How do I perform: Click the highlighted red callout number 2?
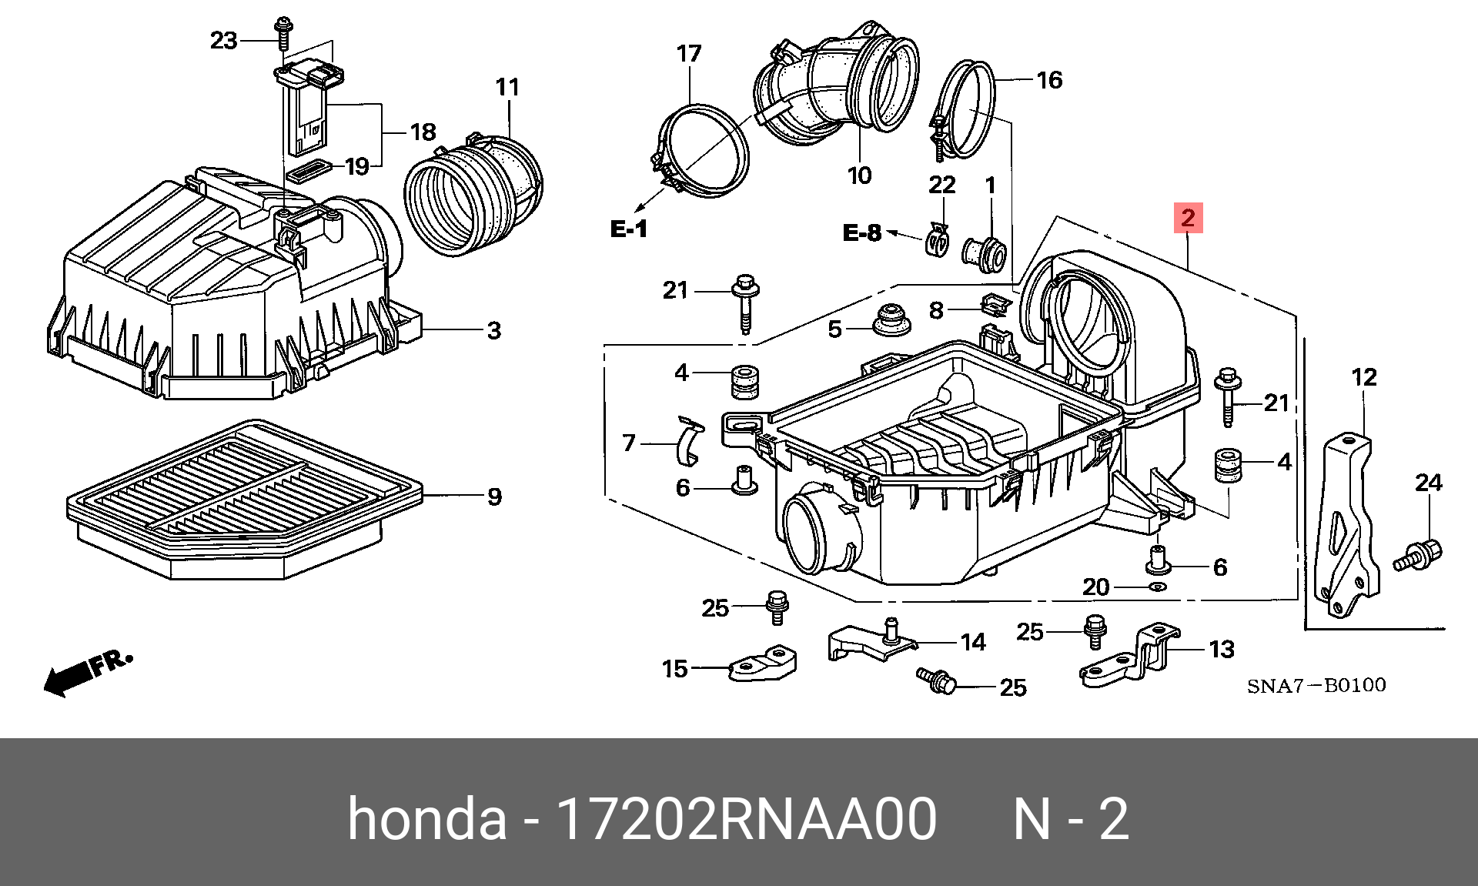coord(1188,218)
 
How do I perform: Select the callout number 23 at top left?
coord(223,40)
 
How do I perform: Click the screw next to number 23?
coord(283,32)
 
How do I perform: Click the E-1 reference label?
coord(628,229)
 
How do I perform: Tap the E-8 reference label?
coord(861,232)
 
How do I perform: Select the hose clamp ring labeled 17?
coord(702,151)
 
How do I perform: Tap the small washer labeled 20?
coord(1157,587)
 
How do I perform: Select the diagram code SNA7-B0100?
coord(1316,685)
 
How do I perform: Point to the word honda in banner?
coord(427,819)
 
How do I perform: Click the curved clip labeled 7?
coord(689,443)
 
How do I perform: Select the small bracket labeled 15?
coord(762,664)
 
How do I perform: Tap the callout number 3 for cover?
coord(494,331)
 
